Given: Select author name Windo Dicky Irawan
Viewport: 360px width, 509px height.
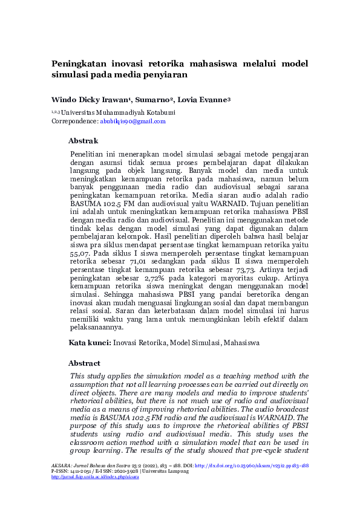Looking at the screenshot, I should (91, 100).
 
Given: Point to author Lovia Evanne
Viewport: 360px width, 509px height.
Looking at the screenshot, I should (204, 100).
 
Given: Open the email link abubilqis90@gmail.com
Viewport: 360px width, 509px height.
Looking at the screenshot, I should (133, 122).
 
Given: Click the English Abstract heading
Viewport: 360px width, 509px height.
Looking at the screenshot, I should (83, 363).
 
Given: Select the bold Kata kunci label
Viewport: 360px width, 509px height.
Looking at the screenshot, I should (90, 343).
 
